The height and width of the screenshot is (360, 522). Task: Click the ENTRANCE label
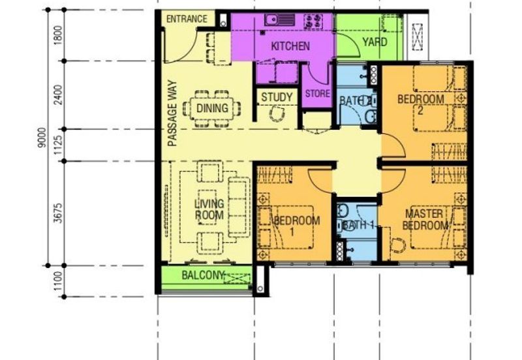point(187,19)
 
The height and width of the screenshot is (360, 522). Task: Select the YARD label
point(375,42)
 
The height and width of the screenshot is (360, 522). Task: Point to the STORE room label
point(318,94)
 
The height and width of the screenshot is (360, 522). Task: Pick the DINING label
point(212,108)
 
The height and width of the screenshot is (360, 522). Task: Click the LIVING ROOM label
point(209,209)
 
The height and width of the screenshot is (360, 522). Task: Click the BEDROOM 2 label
point(421,104)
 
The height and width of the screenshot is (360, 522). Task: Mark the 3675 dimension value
point(58,213)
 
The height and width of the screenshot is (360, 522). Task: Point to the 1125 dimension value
point(58,145)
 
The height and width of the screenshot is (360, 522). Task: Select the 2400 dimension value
point(58,95)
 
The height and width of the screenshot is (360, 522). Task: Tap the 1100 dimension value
point(58,281)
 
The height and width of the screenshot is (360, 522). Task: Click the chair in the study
point(277,114)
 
